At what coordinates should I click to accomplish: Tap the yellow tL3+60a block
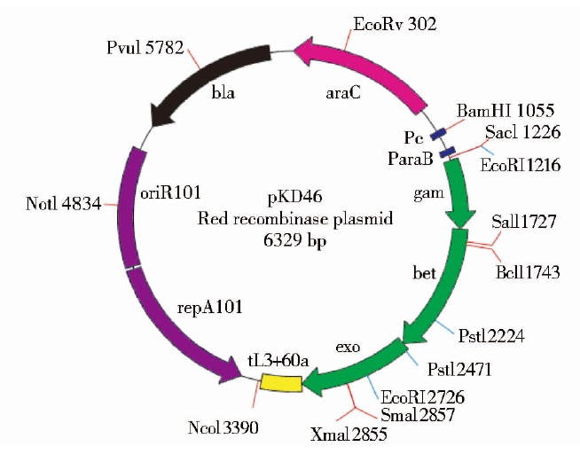tap(281, 383)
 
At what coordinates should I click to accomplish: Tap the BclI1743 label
tap(528, 272)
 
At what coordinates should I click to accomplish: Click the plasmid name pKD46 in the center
tap(290, 197)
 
